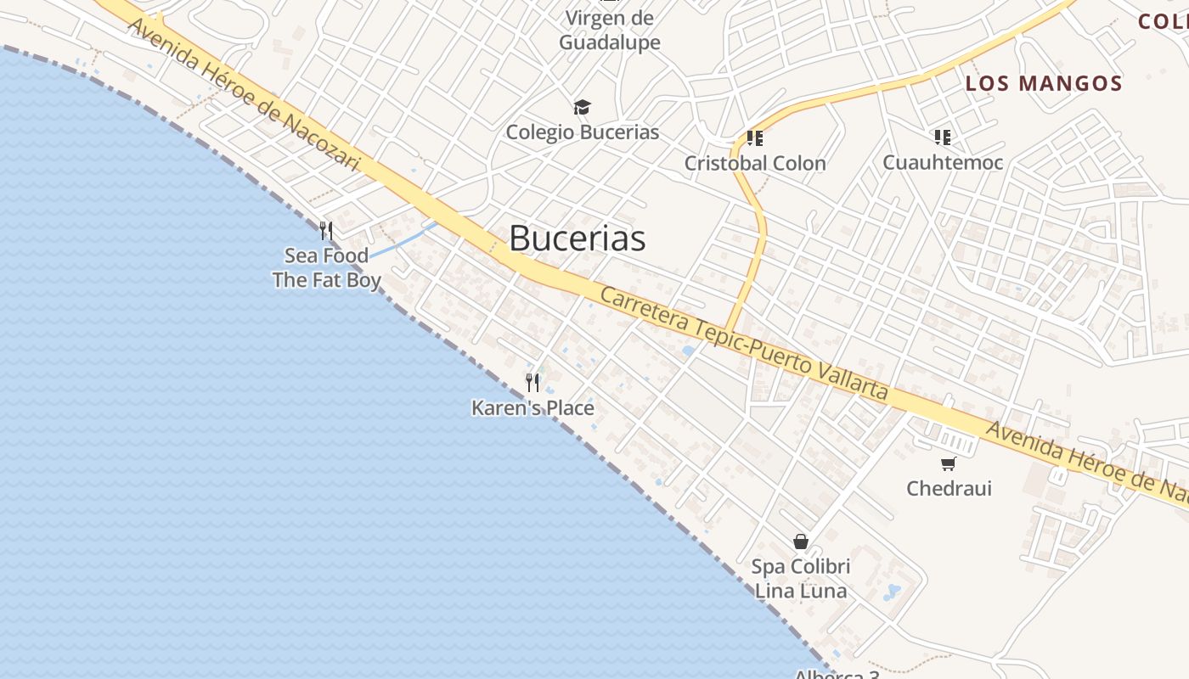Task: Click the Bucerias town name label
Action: (578, 239)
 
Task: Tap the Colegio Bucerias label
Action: (583, 132)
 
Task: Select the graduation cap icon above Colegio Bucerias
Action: (582, 107)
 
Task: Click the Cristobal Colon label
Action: (755, 163)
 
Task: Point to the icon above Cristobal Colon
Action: (754, 137)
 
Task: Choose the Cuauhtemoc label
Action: (943, 162)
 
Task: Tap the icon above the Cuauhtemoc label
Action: (942, 137)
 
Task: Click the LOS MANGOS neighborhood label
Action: (1044, 83)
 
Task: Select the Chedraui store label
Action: (949, 488)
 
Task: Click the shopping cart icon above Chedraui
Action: (948, 463)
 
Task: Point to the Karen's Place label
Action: (533, 408)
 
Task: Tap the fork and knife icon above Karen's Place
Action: (533, 383)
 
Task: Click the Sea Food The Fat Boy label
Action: (326, 267)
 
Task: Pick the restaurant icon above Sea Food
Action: (325, 230)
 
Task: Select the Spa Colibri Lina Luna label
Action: (801, 578)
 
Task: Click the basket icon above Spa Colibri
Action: (801, 542)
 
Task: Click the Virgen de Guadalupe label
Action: (609, 30)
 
